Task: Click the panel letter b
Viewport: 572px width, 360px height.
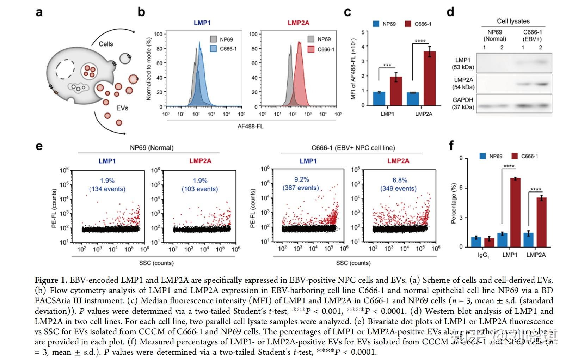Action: pyautogui.click(x=141, y=12)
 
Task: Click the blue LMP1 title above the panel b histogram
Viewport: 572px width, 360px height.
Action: pyautogui.click(x=202, y=23)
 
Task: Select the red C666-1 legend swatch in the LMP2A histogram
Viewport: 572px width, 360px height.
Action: pyautogui.click(x=311, y=49)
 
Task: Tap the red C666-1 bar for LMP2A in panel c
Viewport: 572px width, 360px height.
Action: pyautogui.click(x=430, y=78)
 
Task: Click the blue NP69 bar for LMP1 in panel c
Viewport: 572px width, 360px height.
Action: pyautogui.click(x=379, y=98)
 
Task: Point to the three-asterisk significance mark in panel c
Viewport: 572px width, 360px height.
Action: pyautogui.click(x=387, y=66)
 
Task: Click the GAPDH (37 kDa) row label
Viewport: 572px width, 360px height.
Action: pyautogui.click(x=463, y=103)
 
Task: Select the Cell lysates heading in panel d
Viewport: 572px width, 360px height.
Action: pyautogui.click(x=513, y=21)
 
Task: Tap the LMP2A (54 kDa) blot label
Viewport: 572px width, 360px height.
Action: pyautogui.click(x=463, y=84)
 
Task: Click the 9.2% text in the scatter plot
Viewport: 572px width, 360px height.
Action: pyautogui.click(x=301, y=179)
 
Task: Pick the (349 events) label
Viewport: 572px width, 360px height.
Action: pyautogui.click(x=398, y=189)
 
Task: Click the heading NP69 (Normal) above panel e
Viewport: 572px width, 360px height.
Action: pyautogui.click(x=152, y=148)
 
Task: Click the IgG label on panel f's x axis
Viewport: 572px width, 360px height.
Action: pyautogui.click(x=483, y=255)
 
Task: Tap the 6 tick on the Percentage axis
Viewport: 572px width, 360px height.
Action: pyautogui.click(x=461, y=188)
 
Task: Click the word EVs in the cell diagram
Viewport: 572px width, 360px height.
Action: pyautogui.click(x=122, y=108)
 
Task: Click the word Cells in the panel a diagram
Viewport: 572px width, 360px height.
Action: pyautogui.click(x=106, y=44)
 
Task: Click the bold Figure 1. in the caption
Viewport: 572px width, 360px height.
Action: pyautogui.click(x=51, y=280)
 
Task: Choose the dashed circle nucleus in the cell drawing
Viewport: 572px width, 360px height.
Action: pyautogui.click(x=65, y=69)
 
